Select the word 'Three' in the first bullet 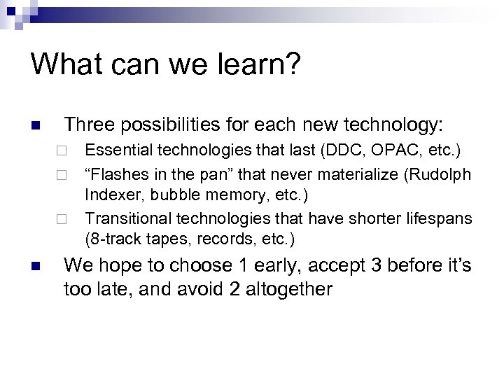click(89, 126)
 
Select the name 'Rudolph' click(444, 174)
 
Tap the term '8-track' click(111, 239)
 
